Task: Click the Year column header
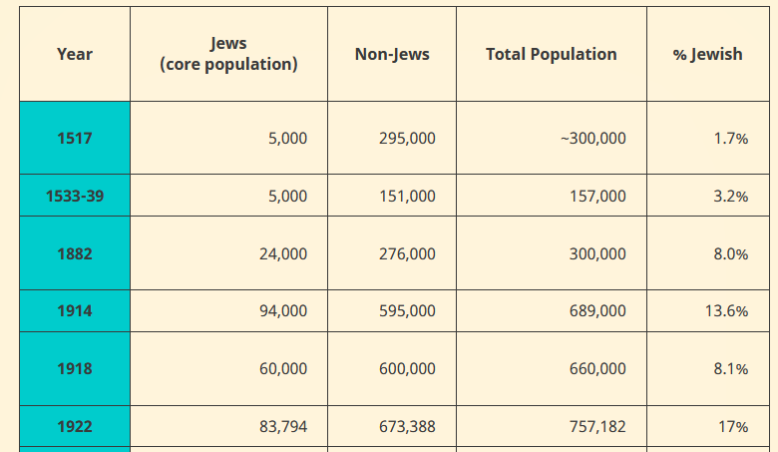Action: [x=75, y=54]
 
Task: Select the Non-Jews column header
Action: [x=392, y=54]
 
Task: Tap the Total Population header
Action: [x=551, y=54]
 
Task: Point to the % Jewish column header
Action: [x=707, y=54]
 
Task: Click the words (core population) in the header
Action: [x=228, y=65]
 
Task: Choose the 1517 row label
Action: [x=75, y=139]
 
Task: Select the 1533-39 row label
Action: [x=75, y=197]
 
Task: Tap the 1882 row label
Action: [x=75, y=254]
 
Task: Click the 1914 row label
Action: [x=75, y=311]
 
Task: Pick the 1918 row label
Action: [x=75, y=369]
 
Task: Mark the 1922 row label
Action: [x=75, y=427]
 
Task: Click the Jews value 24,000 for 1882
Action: [x=283, y=254]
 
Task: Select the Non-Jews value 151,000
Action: [x=407, y=197]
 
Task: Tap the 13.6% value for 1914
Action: [x=726, y=311]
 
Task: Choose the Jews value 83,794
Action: [x=283, y=427]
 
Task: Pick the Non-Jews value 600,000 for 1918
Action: [x=407, y=369]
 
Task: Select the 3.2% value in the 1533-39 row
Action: [x=730, y=197]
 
